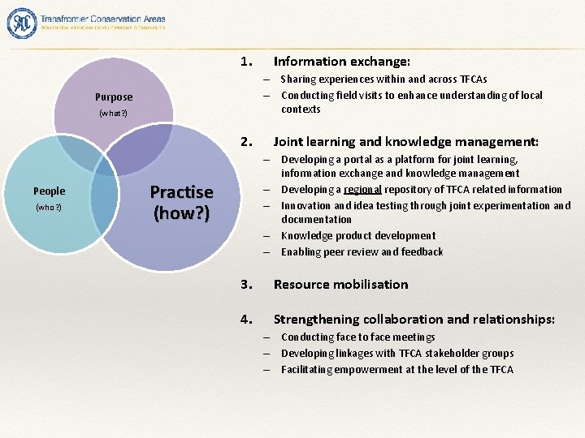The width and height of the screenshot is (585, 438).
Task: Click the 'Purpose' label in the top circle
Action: (113, 97)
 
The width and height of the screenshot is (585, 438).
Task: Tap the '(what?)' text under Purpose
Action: (113, 114)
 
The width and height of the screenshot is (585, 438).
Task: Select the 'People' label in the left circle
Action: (49, 191)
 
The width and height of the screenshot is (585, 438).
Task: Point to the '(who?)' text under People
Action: (48, 208)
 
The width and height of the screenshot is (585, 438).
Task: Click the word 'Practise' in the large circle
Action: (181, 193)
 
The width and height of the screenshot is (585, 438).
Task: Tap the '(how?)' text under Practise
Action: (181, 214)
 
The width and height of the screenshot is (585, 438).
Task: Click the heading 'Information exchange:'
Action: (341, 62)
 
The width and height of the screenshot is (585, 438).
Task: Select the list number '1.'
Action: (248, 62)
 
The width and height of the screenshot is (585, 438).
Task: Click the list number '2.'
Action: (248, 142)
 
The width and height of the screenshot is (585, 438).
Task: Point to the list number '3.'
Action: (248, 284)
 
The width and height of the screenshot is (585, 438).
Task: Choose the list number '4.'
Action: (248, 320)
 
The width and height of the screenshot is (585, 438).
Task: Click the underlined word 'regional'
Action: (362, 190)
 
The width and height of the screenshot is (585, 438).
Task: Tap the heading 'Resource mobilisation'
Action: (340, 284)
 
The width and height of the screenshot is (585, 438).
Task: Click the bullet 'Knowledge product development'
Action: (357, 235)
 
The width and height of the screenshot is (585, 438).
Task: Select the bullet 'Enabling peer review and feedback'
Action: (362, 251)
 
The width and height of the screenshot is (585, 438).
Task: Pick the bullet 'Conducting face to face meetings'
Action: (357, 337)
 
